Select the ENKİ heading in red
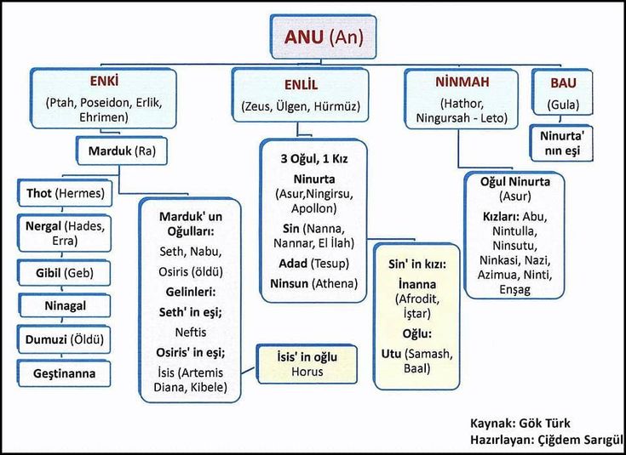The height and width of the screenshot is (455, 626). click(x=104, y=82)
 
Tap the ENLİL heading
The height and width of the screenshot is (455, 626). click(x=300, y=86)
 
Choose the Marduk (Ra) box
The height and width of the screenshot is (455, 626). click(x=121, y=151)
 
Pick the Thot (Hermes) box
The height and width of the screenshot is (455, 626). click(x=65, y=194)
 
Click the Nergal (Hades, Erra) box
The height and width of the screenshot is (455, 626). click(x=65, y=233)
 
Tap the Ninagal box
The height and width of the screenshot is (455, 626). click(x=65, y=304)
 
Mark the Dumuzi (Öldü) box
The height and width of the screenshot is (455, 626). click(x=65, y=339)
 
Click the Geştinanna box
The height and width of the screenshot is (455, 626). click(x=65, y=373)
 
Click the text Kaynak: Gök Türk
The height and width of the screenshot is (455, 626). click(x=520, y=423)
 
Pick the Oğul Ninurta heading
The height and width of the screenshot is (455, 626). click(x=516, y=182)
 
